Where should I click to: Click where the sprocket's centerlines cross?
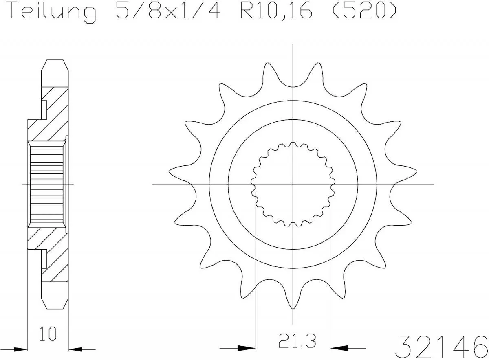293,184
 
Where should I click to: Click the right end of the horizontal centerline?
433,184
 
